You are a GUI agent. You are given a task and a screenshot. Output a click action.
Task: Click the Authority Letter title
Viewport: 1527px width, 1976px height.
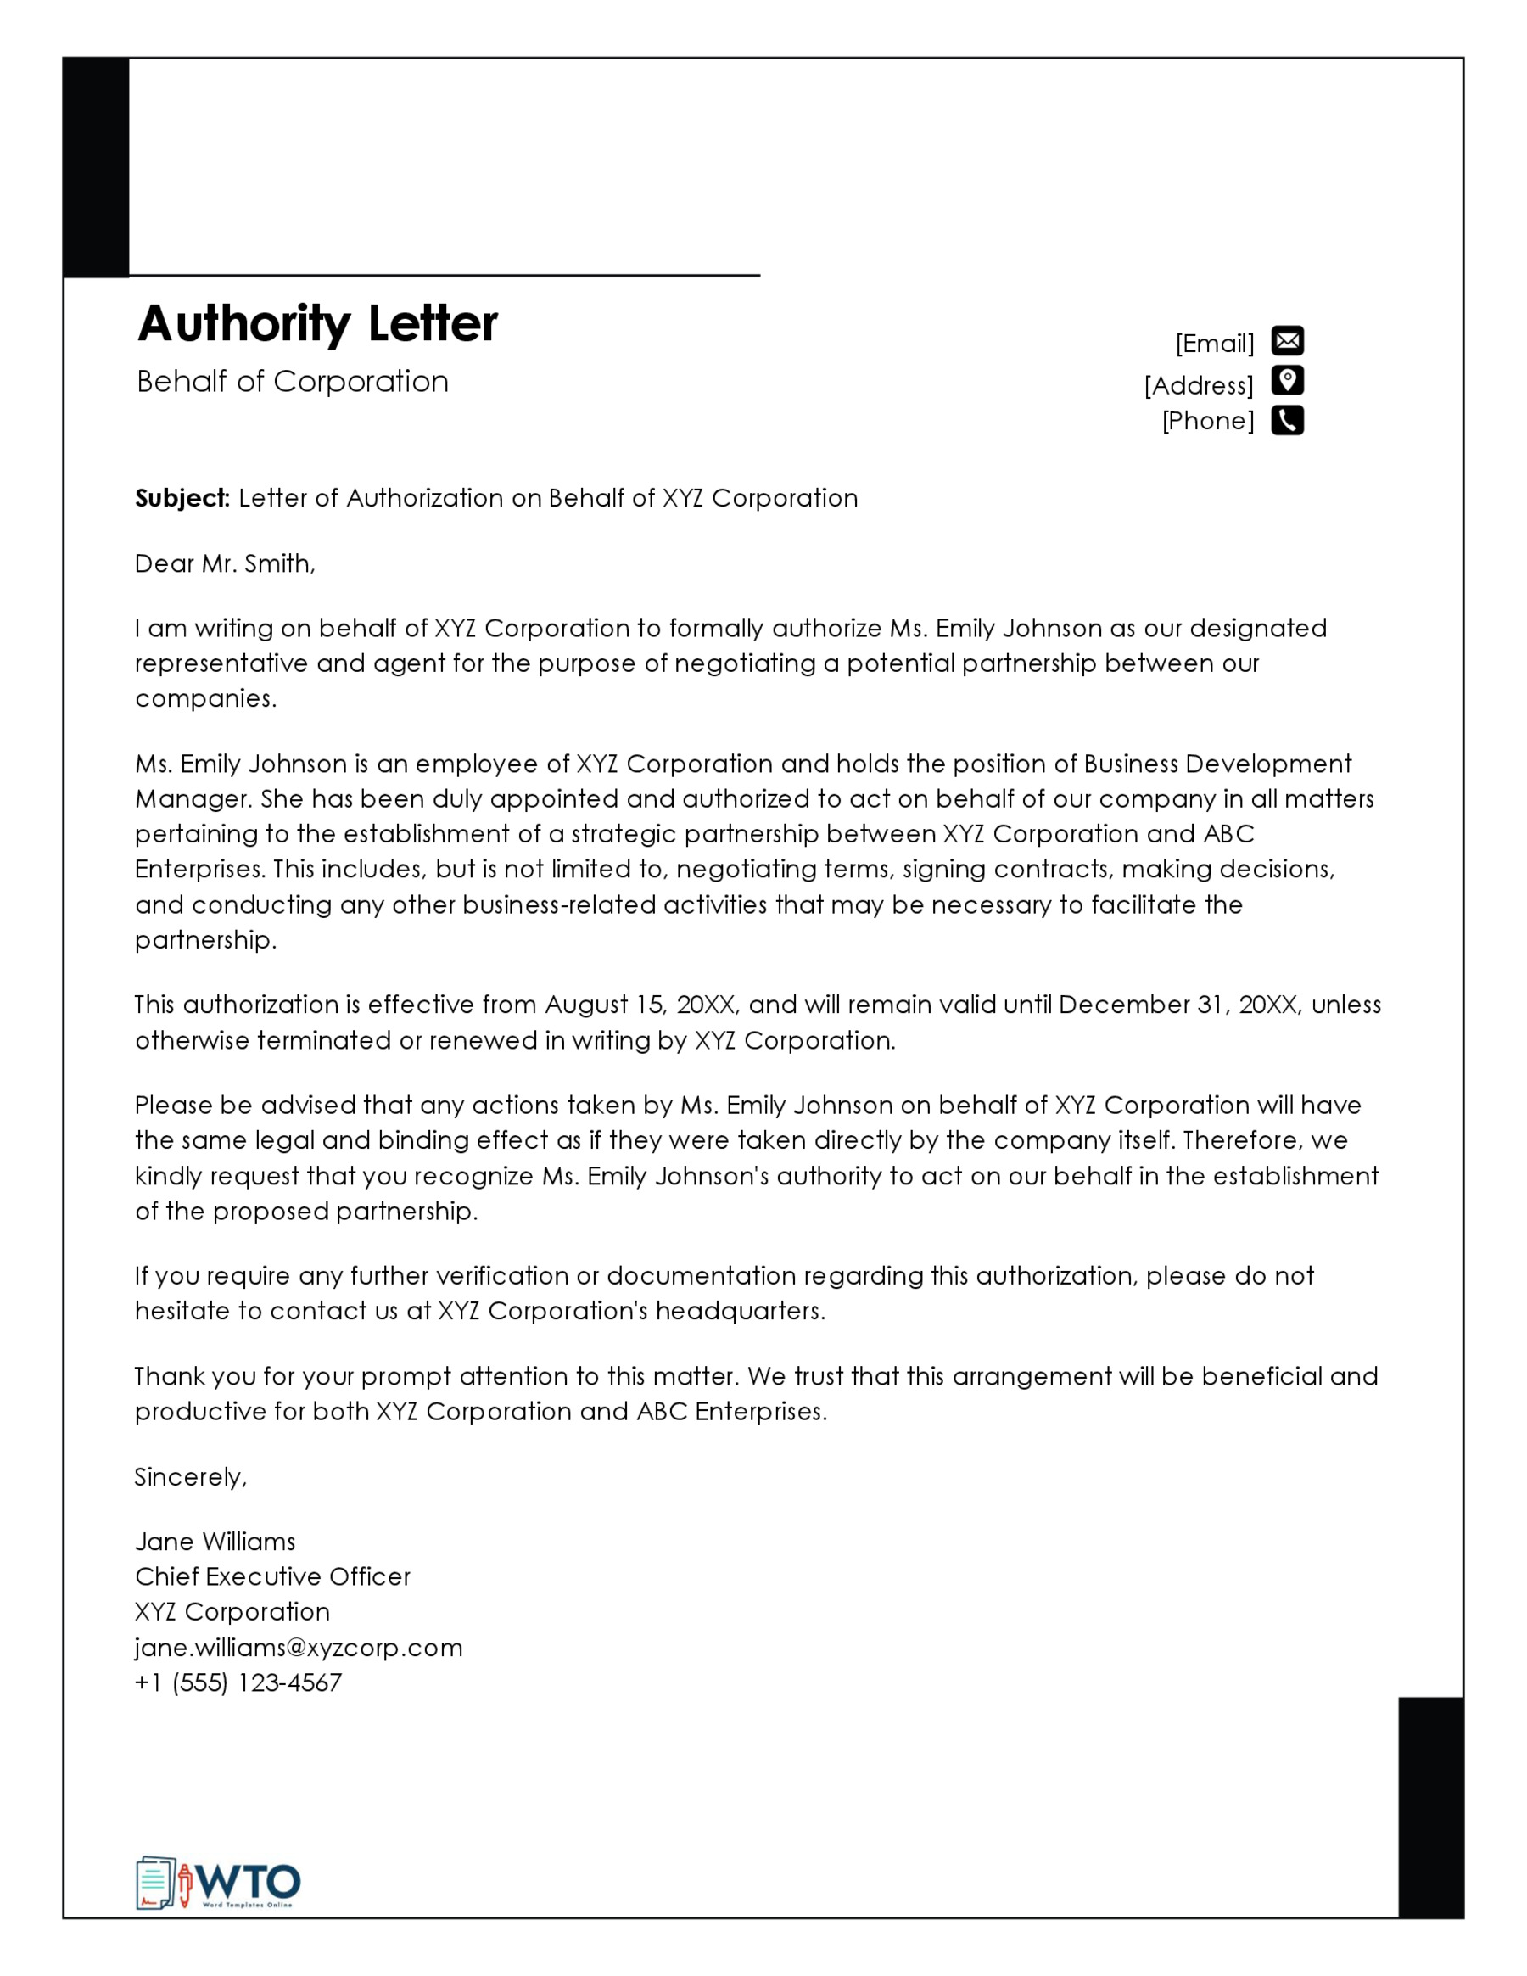pyautogui.click(x=316, y=323)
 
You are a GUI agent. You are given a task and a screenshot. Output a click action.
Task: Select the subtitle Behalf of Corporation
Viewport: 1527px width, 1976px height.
pyautogui.click(x=292, y=382)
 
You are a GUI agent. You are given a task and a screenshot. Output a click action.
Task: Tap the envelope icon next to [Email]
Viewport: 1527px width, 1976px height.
pyautogui.click(x=1287, y=341)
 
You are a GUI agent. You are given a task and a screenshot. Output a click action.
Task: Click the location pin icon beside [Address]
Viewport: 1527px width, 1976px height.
pyautogui.click(x=1287, y=381)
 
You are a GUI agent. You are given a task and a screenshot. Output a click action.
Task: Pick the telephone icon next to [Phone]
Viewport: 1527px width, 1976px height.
pyautogui.click(x=1287, y=421)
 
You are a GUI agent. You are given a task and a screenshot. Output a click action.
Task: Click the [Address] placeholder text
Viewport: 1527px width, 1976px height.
pyautogui.click(x=1199, y=385)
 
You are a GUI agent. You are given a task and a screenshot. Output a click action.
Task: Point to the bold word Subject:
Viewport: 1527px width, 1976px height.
pyautogui.click(x=182, y=499)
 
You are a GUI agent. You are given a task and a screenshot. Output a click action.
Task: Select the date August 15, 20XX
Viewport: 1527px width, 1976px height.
pyautogui.click(x=641, y=1005)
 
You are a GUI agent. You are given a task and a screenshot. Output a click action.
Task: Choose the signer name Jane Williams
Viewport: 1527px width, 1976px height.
pyautogui.click(x=215, y=1542)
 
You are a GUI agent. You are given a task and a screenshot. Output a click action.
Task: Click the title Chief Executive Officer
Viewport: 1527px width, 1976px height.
pyautogui.click(x=272, y=1577)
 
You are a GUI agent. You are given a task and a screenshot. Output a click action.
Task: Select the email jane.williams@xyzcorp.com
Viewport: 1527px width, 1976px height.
pyautogui.click(x=299, y=1648)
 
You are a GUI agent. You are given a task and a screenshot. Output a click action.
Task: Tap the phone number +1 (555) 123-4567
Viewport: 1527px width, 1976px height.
pyautogui.click(x=238, y=1682)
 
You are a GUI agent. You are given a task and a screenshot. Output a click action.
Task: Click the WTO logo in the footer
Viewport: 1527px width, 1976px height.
pyautogui.click(x=218, y=1884)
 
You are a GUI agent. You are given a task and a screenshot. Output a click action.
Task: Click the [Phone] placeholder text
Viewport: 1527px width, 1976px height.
pyautogui.click(x=1208, y=421)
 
